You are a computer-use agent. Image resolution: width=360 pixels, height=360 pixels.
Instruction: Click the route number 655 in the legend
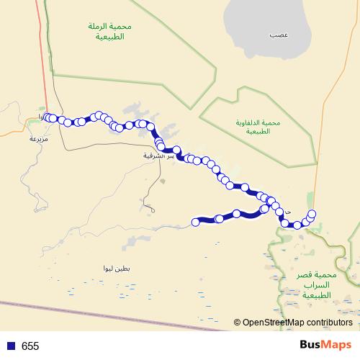30,346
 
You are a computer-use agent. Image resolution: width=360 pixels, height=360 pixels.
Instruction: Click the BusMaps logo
326,346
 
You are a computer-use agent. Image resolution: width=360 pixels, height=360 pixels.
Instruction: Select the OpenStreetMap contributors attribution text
297,323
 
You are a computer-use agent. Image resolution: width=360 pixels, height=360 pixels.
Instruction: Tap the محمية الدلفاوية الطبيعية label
252,127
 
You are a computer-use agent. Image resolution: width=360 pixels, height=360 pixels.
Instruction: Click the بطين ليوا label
116,268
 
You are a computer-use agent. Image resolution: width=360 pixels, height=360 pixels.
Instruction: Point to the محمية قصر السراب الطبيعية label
317,285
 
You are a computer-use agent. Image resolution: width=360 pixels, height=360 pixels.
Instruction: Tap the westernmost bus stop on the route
48,117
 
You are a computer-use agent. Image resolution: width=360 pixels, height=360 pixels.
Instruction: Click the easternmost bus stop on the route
312,213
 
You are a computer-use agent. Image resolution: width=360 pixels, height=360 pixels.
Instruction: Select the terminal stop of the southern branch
195,222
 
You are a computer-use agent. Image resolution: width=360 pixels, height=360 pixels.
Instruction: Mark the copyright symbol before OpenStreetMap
237,323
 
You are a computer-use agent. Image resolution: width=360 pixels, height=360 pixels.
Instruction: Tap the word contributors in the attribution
328,323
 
